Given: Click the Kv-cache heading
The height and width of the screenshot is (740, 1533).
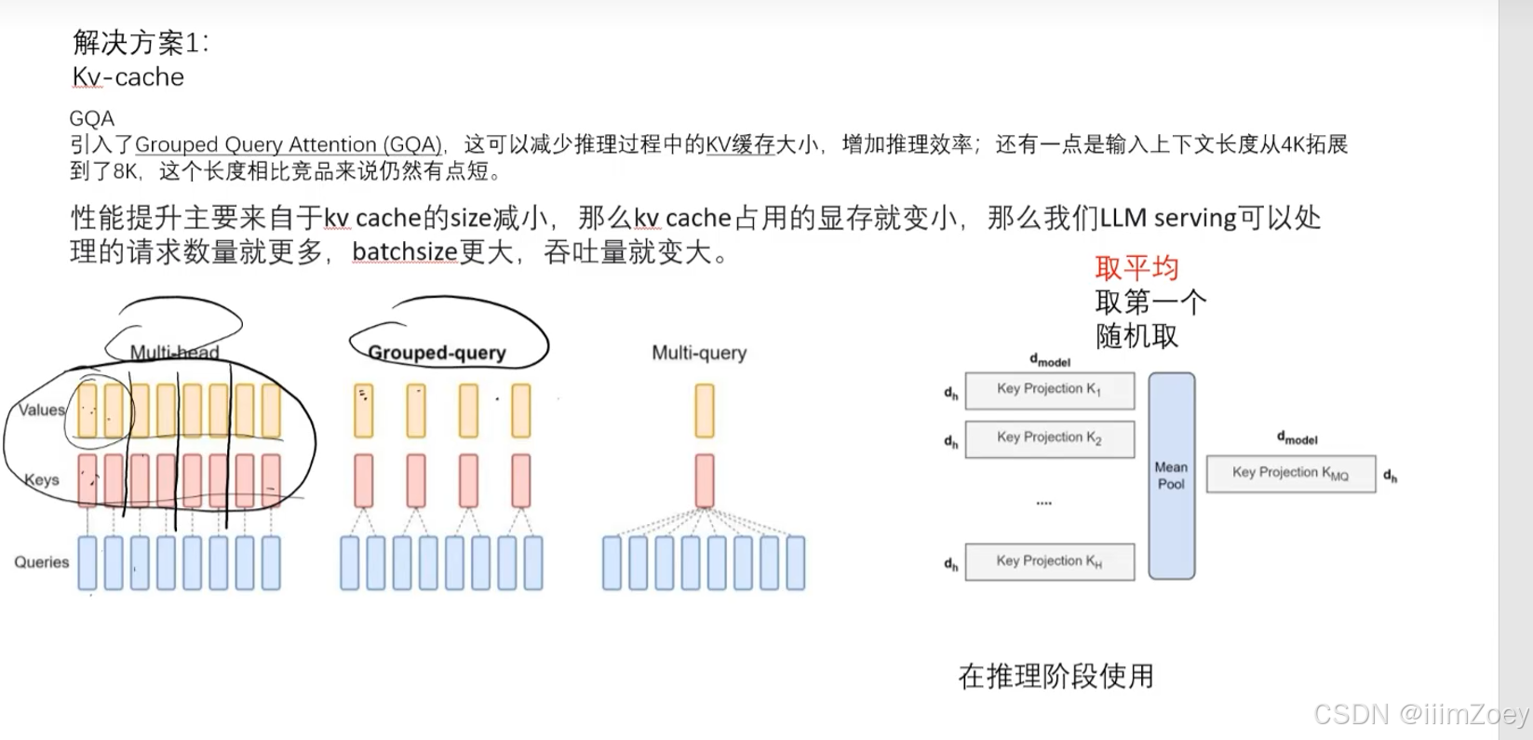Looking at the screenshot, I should coord(128,77).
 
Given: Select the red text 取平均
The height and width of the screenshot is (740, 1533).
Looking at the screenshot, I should coord(1136,268).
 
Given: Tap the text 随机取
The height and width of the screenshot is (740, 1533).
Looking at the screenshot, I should coord(1136,336).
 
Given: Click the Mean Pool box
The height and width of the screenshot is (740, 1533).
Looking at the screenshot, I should coord(1171,476).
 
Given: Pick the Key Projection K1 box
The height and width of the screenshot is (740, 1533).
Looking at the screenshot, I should coord(1049,390).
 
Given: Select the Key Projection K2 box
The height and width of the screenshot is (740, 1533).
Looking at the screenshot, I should coord(1049,438).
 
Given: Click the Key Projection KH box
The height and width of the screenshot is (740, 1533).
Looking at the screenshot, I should coord(1049,561).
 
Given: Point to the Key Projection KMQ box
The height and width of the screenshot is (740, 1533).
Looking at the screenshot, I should coord(1290,473).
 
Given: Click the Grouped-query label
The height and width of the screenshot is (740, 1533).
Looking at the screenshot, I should coord(437,353).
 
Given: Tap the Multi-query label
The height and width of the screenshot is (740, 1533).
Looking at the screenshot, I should coord(699,353).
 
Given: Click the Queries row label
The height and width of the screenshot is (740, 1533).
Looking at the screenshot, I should coord(42,562).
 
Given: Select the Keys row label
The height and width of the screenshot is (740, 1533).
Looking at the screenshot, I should coord(42,480).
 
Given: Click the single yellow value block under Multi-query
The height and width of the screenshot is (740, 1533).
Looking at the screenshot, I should coord(705,410).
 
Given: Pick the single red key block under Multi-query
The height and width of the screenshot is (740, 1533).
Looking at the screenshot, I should coord(705,480).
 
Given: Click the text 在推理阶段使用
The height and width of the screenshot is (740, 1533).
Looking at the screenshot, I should coord(1056,676).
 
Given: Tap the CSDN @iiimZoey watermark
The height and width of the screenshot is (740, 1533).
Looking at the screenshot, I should coord(1420,714).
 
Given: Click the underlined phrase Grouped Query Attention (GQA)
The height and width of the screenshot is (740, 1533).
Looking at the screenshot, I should coord(288,145).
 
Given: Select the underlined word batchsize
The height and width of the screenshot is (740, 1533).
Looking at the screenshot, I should coord(404,252).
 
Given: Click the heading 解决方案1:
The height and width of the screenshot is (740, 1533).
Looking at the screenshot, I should coord(141,43).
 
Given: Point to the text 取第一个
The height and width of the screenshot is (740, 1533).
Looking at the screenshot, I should coord(1150,303).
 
